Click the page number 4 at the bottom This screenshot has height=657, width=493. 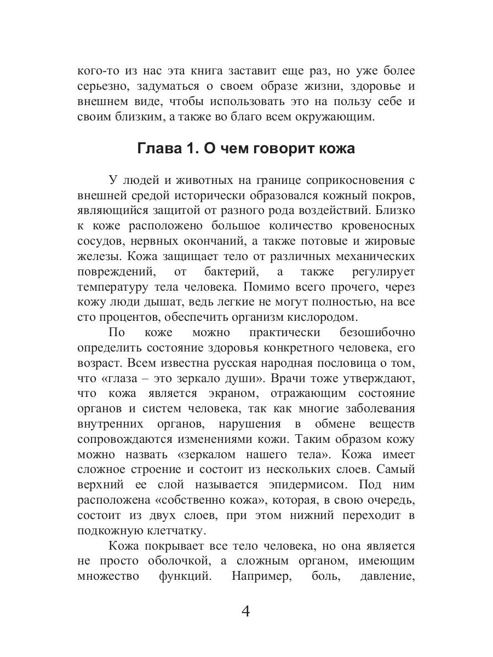pos(246,610)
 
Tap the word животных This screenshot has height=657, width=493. pos(190,180)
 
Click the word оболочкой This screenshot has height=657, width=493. pos(180,561)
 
